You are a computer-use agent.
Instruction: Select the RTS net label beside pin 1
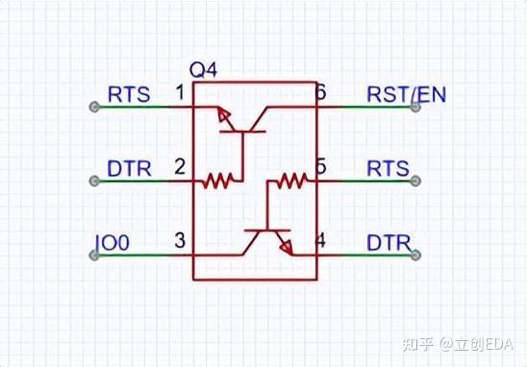tap(128, 94)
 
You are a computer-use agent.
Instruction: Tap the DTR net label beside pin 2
tap(129, 168)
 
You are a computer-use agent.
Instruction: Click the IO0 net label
tap(112, 243)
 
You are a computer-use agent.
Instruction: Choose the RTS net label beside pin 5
tap(389, 168)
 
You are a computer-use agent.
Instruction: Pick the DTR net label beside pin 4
tap(389, 243)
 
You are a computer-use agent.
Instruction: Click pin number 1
tap(180, 93)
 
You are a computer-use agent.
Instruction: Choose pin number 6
tap(321, 93)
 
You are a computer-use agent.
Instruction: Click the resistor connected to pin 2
tap(218, 180)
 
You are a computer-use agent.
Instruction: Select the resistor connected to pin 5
tap(289, 180)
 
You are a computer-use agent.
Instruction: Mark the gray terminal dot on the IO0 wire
tap(94, 255)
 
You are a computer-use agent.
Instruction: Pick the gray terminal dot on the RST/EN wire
tap(415, 107)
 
